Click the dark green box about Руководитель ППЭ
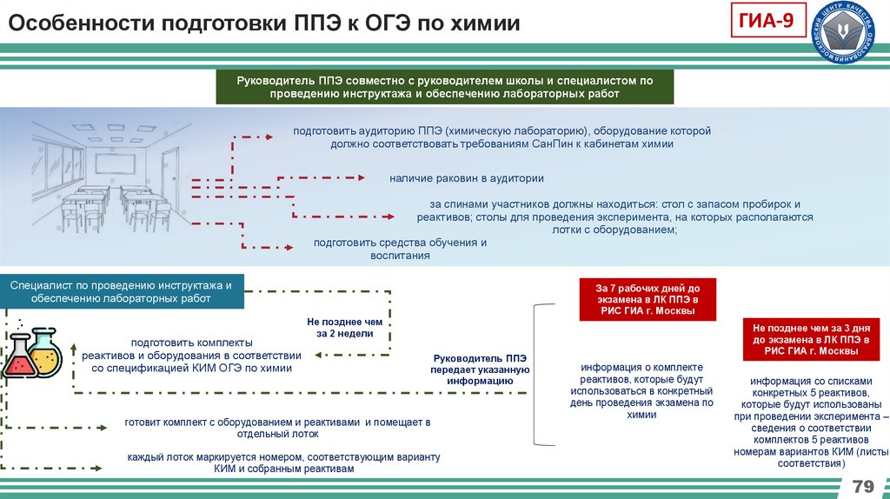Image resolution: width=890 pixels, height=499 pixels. point(445,87)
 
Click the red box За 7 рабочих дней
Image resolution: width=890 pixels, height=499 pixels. point(648,299)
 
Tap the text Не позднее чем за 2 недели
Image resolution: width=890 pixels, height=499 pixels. point(338,327)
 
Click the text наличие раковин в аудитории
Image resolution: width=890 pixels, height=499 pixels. point(467,178)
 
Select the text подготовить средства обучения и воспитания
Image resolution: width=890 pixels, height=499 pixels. point(400,249)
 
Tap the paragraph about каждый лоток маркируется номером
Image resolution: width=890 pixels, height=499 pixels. point(283,462)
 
